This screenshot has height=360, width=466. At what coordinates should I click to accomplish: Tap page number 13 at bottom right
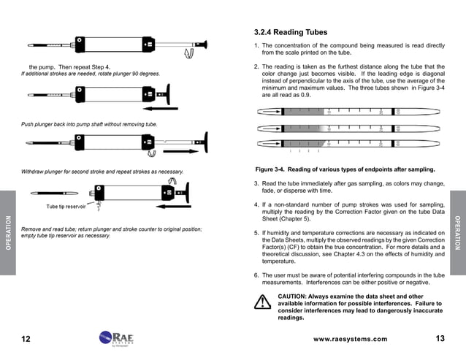(x=440, y=338)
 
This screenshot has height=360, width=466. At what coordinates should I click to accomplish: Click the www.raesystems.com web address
(x=350, y=339)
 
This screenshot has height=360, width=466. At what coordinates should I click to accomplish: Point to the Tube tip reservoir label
(x=66, y=207)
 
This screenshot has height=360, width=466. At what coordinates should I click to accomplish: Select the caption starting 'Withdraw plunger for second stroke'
(x=102, y=172)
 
